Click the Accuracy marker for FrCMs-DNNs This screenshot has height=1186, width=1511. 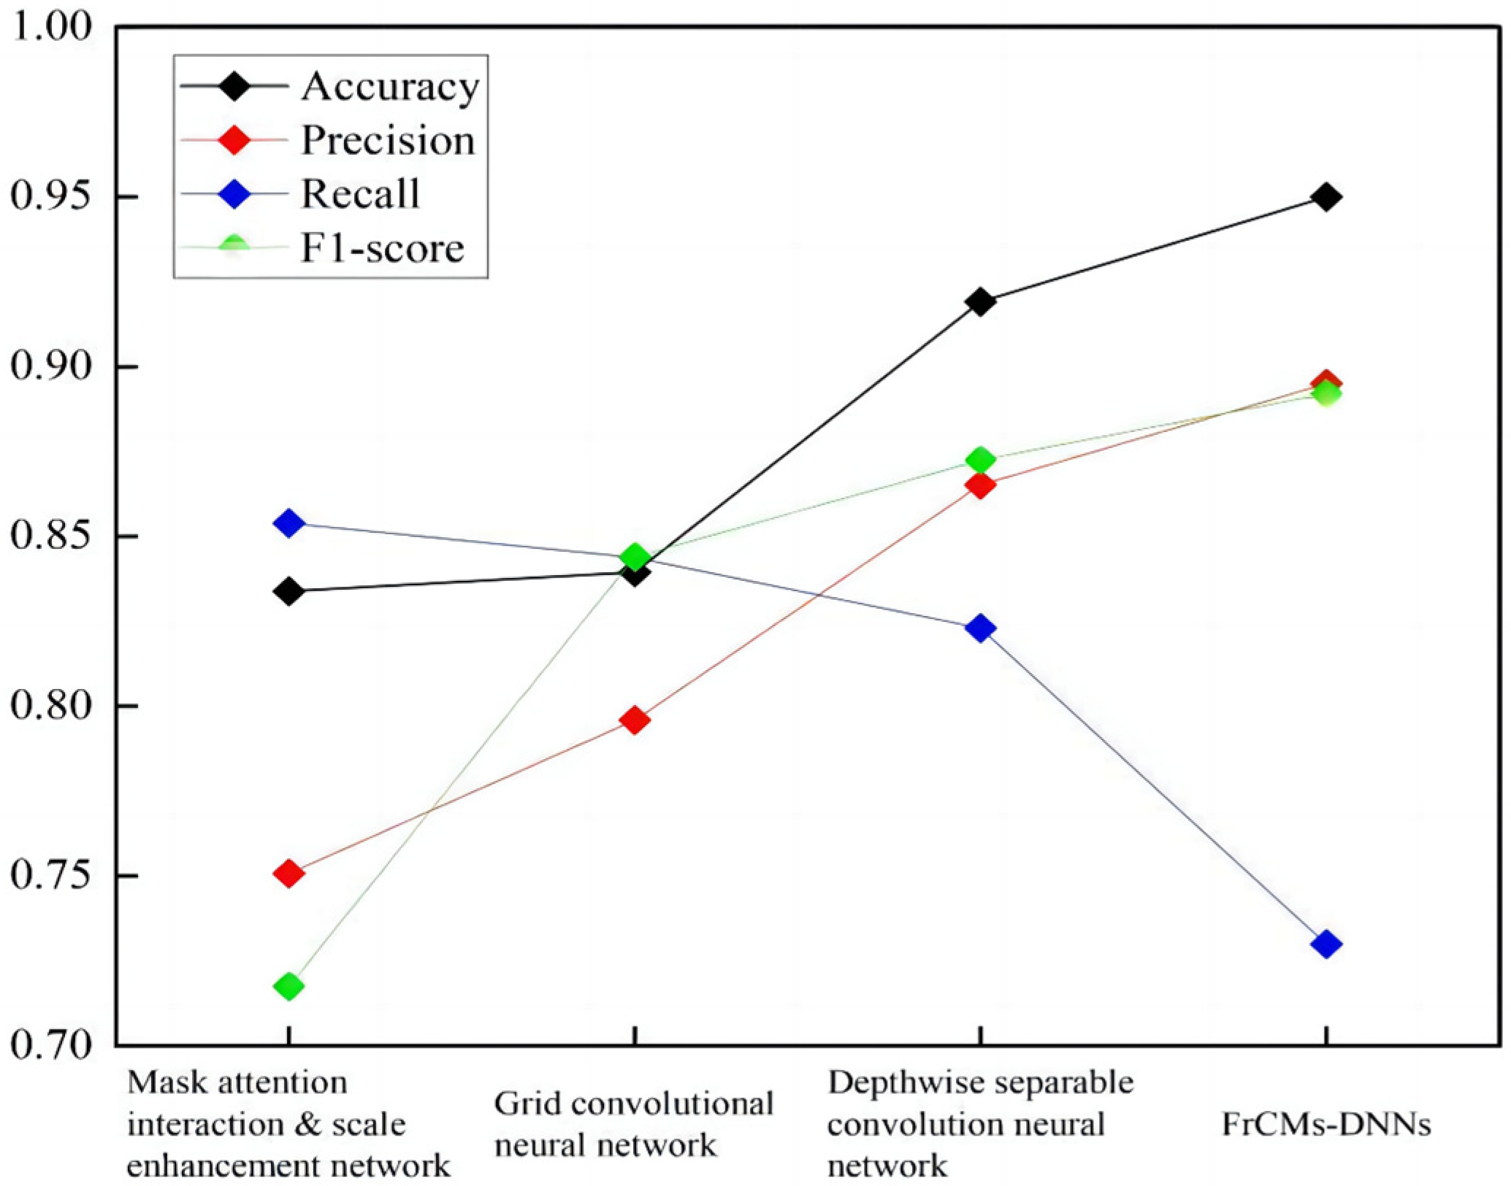tap(1326, 197)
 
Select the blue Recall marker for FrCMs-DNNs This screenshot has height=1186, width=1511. tap(1326, 944)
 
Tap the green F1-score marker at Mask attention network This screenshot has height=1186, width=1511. tap(288, 987)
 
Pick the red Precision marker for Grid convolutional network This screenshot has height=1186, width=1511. tap(635, 720)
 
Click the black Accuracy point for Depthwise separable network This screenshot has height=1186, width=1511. tap(980, 301)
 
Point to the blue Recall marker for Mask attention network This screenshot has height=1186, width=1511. tap(288, 523)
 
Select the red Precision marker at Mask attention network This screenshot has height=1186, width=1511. tap(288, 873)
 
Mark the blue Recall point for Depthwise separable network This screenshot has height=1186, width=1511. tap(980, 628)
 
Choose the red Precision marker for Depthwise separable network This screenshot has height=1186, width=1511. tap(980, 485)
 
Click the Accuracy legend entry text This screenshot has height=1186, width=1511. tap(390, 87)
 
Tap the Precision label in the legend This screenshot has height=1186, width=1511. tap(388, 140)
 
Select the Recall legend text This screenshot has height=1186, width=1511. tap(360, 194)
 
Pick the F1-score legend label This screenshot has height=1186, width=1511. tap(382, 248)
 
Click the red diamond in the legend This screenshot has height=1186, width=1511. tap(234, 139)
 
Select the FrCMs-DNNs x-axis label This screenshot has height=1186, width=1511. tap(1326, 1124)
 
